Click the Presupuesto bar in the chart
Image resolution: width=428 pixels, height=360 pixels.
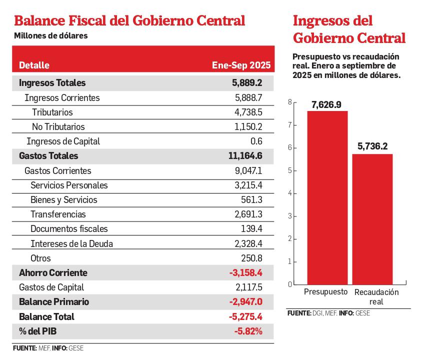[x=327, y=197]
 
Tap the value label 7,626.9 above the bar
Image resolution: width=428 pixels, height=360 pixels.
[x=327, y=104]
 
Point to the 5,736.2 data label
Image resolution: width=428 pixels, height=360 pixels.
[x=372, y=146]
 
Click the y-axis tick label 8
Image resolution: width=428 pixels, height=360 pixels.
[x=289, y=102]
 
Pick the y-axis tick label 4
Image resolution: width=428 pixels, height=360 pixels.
[x=289, y=193]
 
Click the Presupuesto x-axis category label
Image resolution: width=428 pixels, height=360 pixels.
[x=325, y=292]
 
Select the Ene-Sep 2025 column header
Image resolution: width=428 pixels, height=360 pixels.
[x=241, y=65]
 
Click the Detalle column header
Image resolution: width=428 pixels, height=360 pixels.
[x=34, y=65]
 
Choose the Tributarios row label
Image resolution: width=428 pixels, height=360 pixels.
[x=52, y=112]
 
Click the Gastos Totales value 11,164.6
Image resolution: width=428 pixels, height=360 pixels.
[x=245, y=156]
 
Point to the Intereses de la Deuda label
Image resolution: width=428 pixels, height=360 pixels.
[x=71, y=244]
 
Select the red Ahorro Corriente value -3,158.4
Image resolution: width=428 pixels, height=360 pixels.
[x=245, y=273]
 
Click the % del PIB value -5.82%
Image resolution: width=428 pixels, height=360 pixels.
[x=248, y=331]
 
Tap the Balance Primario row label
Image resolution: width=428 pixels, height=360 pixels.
[x=54, y=302]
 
